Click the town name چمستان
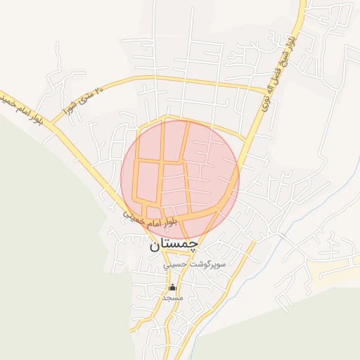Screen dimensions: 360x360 pyautogui.click(x=174, y=245)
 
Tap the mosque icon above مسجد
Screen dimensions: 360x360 pyautogui.click(x=173, y=287)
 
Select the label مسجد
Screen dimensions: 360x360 pyautogui.click(x=173, y=298)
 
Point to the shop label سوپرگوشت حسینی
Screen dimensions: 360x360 pyautogui.click(x=194, y=265)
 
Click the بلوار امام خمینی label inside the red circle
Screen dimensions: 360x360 pyautogui.click(x=152, y=219)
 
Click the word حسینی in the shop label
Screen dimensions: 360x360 pyautogui.click(x=176, y=266)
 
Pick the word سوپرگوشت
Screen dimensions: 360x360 pyautogui.click(x=209, y=265)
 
